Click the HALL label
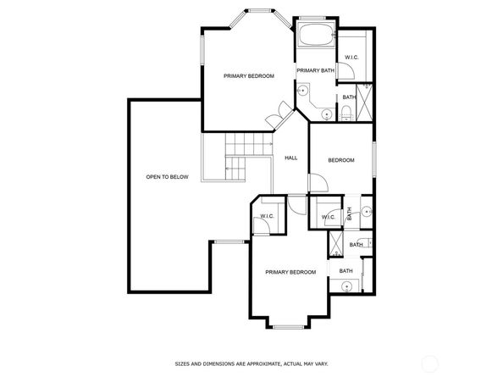291,158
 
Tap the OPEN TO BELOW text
167,177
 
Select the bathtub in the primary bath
317,35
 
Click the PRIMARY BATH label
315,70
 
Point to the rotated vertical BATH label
350,213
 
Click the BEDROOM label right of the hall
341,160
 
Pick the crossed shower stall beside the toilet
364,103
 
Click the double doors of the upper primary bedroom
279,116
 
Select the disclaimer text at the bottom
251,363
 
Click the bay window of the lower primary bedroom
289,327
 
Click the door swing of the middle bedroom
318,183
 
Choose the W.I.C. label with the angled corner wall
268,216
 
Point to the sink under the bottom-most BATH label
346,286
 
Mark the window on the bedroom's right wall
374,158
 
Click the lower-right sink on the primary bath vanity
327,114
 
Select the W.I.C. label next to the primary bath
352,58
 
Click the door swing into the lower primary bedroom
297,205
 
